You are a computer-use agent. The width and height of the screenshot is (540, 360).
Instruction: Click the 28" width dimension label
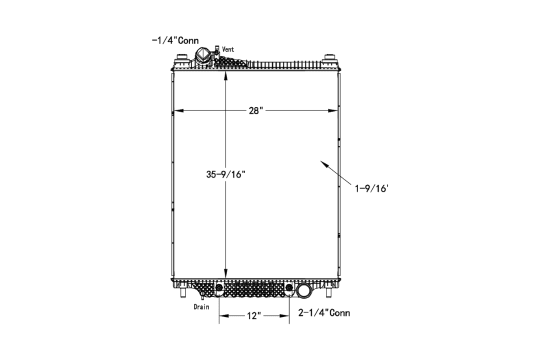click(x=256, y=110)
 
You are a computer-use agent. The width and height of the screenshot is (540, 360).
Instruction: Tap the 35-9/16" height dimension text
click(x=225, y=174)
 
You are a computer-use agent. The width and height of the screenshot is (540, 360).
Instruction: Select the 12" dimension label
click(x=254, y=315)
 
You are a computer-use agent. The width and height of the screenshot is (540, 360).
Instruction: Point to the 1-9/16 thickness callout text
click(x=372, y=188)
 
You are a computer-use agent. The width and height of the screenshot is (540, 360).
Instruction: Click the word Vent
click(x=228, y=49)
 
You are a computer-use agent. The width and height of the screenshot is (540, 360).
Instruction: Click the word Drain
click(x=201, y=306)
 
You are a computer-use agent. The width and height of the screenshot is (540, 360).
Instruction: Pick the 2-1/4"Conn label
click(x=324, y=313)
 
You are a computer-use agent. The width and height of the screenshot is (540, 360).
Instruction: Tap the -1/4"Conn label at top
click(x=175, y=40)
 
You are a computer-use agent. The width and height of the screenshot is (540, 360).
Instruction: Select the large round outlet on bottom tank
click(x=304, y=290)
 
